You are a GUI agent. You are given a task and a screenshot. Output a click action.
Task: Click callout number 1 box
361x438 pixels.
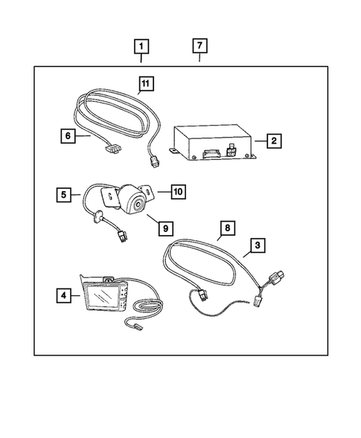(141, 45)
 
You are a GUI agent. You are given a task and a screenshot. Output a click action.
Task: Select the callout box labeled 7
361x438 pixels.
(199, 45)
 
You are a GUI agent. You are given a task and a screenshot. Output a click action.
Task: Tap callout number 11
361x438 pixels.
(147, 85)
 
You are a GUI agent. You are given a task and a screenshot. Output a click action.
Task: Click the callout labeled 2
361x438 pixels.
(275, 140)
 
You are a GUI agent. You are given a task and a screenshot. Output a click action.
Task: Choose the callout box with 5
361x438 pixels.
(65, 196)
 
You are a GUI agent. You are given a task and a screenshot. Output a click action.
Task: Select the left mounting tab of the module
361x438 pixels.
(171, 150)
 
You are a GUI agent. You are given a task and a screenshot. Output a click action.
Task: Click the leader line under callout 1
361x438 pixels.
(141, 59)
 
